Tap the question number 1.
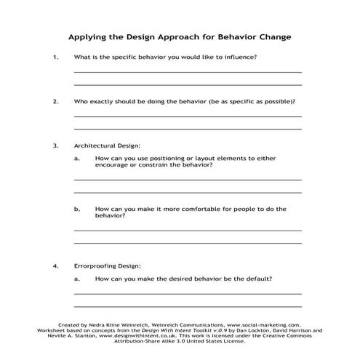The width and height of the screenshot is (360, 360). click(x=55, y=57)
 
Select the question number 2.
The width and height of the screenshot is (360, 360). click(x=55, y=101)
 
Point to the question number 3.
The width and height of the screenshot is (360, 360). click(x=55, y=145)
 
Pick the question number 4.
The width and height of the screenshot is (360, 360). click(x=55, y=265)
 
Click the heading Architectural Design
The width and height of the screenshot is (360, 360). click(x=107, y=145)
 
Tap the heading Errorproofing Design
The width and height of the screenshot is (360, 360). click(x=108, y=265)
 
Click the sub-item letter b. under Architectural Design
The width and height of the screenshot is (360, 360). click(x=77, y=209)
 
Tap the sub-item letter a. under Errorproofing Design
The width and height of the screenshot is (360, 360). click(x=77, y=279)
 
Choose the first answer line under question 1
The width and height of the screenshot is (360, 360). click(x=188, y=72)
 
